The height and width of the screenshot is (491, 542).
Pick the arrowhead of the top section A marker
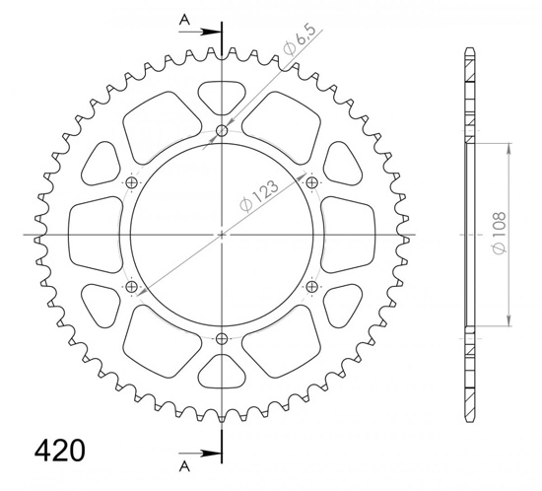(212, 31)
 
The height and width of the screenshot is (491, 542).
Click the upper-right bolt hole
(312, 183)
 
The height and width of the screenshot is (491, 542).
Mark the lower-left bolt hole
(131, 287)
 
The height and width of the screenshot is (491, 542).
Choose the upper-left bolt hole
(131, 183)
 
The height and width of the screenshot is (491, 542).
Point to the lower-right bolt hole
(312, 287)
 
